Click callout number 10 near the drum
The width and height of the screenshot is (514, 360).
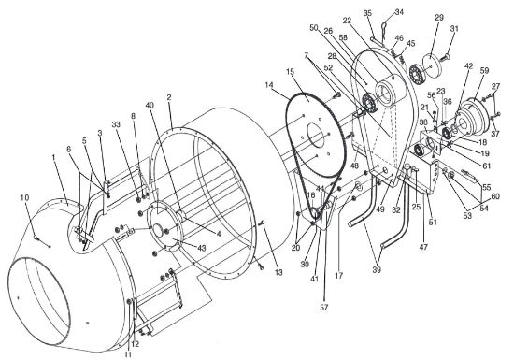click(24, 198)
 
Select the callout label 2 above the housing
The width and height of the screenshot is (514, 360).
click(168, 96)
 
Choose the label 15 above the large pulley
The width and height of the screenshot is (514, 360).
click(292, 72)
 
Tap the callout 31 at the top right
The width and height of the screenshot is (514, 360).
click(455, 29)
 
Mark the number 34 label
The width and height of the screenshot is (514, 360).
click(400, 12)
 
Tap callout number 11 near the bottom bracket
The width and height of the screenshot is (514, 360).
click(128, 353)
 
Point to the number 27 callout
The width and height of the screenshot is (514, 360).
click(496, 86)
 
